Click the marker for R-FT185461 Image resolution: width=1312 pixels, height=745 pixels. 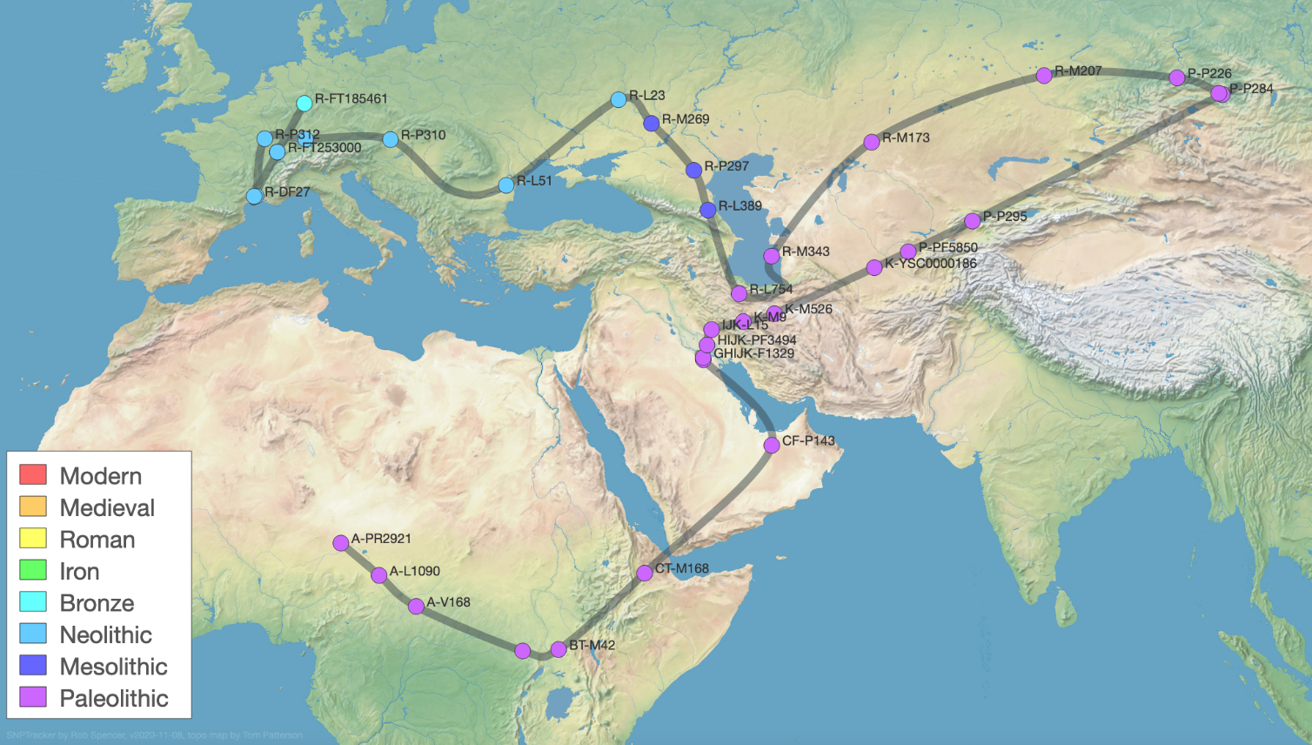(305, 104)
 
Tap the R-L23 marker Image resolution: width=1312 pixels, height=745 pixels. (619, 99)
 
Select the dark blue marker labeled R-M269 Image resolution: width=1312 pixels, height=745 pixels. (652, 124)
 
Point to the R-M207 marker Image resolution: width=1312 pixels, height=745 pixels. (1044, 76)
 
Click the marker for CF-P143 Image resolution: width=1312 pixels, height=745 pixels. (772, 446)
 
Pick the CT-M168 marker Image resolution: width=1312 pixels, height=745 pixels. (645, 573)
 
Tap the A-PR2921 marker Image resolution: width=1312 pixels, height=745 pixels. (341, 543)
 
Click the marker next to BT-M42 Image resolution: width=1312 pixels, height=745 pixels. (559, 649)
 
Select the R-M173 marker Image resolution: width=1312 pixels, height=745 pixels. (872, 142)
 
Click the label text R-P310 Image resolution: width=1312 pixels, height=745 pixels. (423, 135)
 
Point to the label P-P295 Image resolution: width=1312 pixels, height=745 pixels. (1005, 216)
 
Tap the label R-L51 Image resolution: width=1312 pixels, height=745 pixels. (534, 180)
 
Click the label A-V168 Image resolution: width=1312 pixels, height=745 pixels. (448, 601)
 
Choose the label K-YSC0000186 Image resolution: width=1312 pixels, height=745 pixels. (930, 263)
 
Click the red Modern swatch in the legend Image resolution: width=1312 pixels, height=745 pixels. (33, 474)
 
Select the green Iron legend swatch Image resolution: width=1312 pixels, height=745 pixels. (33, 570)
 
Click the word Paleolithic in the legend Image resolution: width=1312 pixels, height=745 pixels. (114, 698)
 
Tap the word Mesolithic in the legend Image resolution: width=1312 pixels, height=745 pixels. (113, 667)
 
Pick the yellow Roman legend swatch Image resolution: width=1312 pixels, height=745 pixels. (33, 538)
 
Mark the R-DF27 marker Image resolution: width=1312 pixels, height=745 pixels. (255, 196)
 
